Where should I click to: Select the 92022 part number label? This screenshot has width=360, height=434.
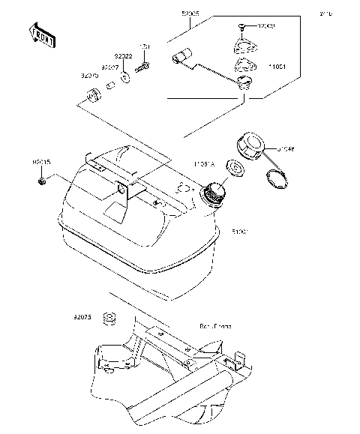point(123,56)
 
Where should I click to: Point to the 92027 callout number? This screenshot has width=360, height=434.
point(111,67)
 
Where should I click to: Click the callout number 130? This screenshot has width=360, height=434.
point(145,47)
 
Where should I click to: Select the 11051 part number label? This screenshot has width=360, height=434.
point(277,66)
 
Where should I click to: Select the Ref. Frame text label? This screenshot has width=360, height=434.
point(214,327)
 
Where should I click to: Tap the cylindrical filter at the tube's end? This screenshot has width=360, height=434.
point(183,57)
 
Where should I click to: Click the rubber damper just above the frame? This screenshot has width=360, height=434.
point(109,319)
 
